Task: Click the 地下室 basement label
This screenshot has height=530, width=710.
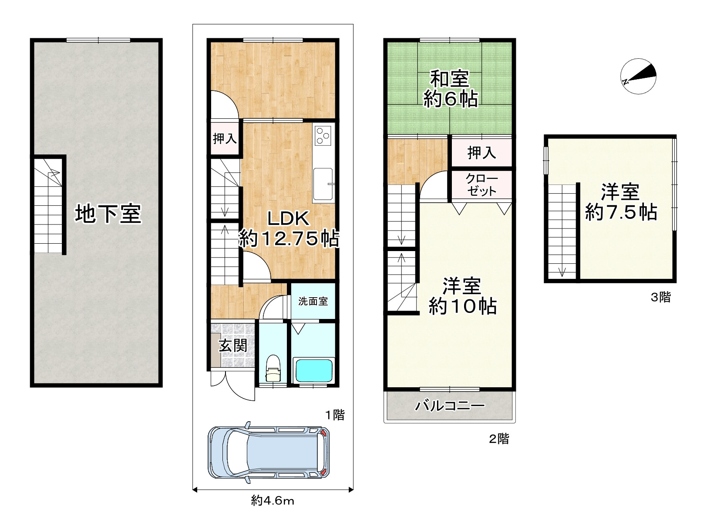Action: point(108,214)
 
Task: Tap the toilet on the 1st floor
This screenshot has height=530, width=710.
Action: point(273,369)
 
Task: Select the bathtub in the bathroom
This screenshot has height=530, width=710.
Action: point(313,370)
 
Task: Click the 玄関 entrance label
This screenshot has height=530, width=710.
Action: point(233,346)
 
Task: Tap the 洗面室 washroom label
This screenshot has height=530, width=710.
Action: point(313,301)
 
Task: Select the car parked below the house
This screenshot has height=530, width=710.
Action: point(269,453)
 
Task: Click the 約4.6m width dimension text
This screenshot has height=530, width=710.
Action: point(273,501)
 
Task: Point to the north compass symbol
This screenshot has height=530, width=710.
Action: point(638,76)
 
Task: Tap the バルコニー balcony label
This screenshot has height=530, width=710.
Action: point(450,405)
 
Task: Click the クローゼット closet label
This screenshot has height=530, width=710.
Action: point(481,185)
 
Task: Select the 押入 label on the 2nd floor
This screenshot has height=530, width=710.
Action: point(481,153)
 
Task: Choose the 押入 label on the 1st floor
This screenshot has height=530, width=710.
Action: point(225,139)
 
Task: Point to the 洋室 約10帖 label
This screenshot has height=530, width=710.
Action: point(463,296)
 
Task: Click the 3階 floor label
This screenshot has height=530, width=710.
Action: point(661,297)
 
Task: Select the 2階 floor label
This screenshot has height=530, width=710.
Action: point(499,439)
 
